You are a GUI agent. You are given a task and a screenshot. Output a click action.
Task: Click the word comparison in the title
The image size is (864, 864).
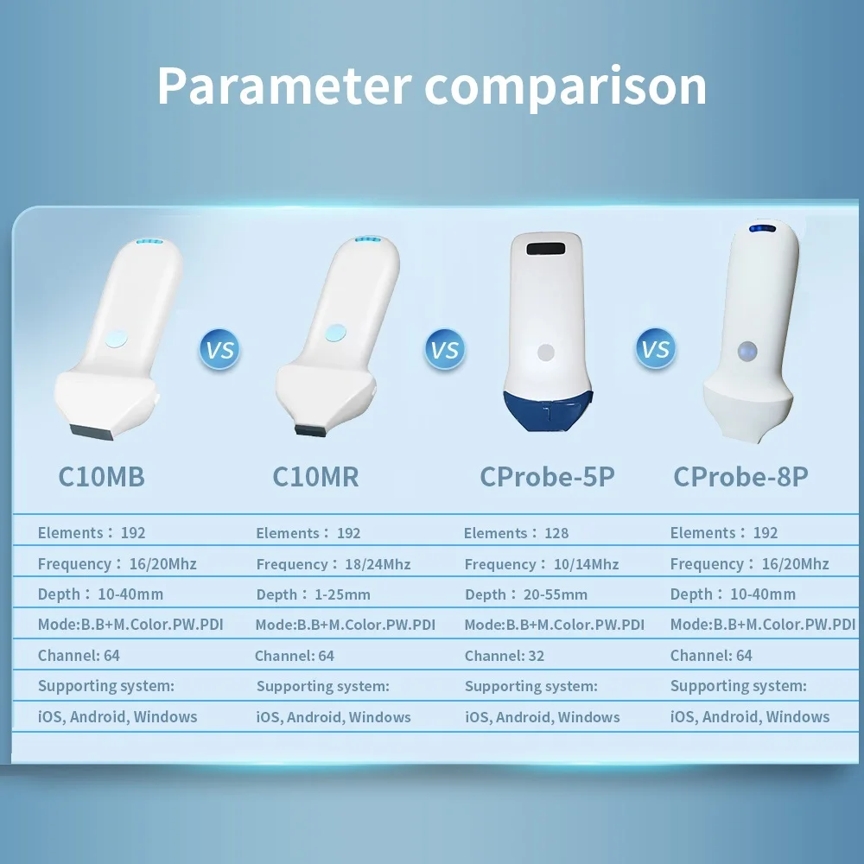[565, 87]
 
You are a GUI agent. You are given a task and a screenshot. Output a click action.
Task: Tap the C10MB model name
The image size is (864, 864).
[101, 477]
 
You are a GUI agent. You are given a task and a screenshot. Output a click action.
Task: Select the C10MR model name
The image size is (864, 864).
[315, 477]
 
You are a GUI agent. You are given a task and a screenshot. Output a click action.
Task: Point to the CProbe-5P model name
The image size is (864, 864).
[547, 477]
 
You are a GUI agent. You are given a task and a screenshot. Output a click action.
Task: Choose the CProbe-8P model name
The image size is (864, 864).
[740, 477]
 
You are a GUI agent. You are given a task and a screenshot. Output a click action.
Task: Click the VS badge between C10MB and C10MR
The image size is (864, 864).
[219, 349]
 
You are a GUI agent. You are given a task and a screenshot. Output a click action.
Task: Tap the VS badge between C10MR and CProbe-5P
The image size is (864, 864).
[445, 349]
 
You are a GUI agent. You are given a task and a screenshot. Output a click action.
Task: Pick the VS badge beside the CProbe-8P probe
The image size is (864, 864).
[655, 348]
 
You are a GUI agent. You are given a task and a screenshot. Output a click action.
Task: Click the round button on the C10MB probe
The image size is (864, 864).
[117, 339]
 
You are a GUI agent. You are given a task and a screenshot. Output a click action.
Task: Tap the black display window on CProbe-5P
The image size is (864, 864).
[545, 249]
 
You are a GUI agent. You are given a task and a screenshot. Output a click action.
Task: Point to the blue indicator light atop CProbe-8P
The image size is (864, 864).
[762, 229]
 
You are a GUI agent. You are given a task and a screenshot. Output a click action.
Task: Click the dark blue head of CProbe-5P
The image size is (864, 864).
[548, 410]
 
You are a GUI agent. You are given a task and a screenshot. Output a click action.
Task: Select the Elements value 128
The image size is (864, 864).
[556, 533]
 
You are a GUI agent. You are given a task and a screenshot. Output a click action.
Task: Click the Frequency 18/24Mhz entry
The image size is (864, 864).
[334, 564]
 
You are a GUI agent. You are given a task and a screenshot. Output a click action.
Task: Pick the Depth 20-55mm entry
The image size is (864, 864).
[526, 594]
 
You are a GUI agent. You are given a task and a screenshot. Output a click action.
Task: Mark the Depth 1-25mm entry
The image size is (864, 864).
[313, 594]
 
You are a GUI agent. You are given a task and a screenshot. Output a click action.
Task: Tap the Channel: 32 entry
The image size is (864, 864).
[505, 656]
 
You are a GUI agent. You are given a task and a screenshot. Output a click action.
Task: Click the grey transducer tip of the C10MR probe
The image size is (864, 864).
[310, 430]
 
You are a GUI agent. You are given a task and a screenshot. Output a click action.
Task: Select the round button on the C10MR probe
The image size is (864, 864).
[335, 333]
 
